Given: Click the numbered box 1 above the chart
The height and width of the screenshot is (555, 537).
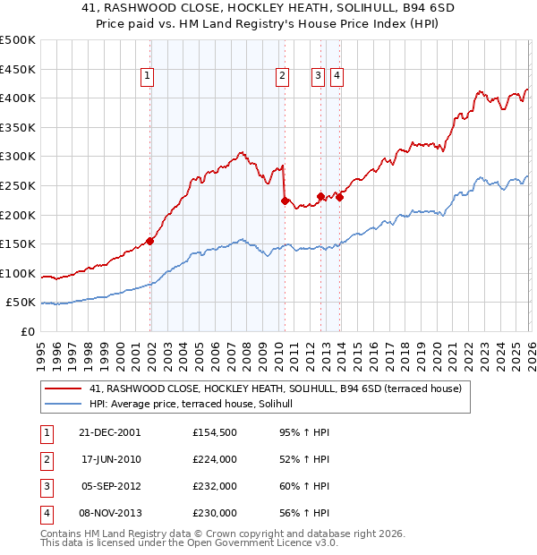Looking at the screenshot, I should coord(147,77).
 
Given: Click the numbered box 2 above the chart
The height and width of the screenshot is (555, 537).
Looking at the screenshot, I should coord(282,77).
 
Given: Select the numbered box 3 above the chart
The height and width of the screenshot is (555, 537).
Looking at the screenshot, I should coord(318,77).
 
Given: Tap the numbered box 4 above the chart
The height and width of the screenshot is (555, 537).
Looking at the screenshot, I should coord(337,77).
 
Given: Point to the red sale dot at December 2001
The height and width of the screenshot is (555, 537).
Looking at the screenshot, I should coord(150,241).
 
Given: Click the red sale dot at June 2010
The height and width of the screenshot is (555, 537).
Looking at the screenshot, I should coord(285,201).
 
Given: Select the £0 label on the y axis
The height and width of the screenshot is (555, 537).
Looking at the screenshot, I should coord(29,331).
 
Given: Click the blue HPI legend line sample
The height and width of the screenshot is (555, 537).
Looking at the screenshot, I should coord(64,404).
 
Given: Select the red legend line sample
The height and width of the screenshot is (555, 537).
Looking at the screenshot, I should coord(64,388).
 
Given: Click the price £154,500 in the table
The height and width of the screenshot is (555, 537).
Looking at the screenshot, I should coord(214,432).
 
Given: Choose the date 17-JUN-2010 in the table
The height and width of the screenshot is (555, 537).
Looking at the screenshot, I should coord(111,459).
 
